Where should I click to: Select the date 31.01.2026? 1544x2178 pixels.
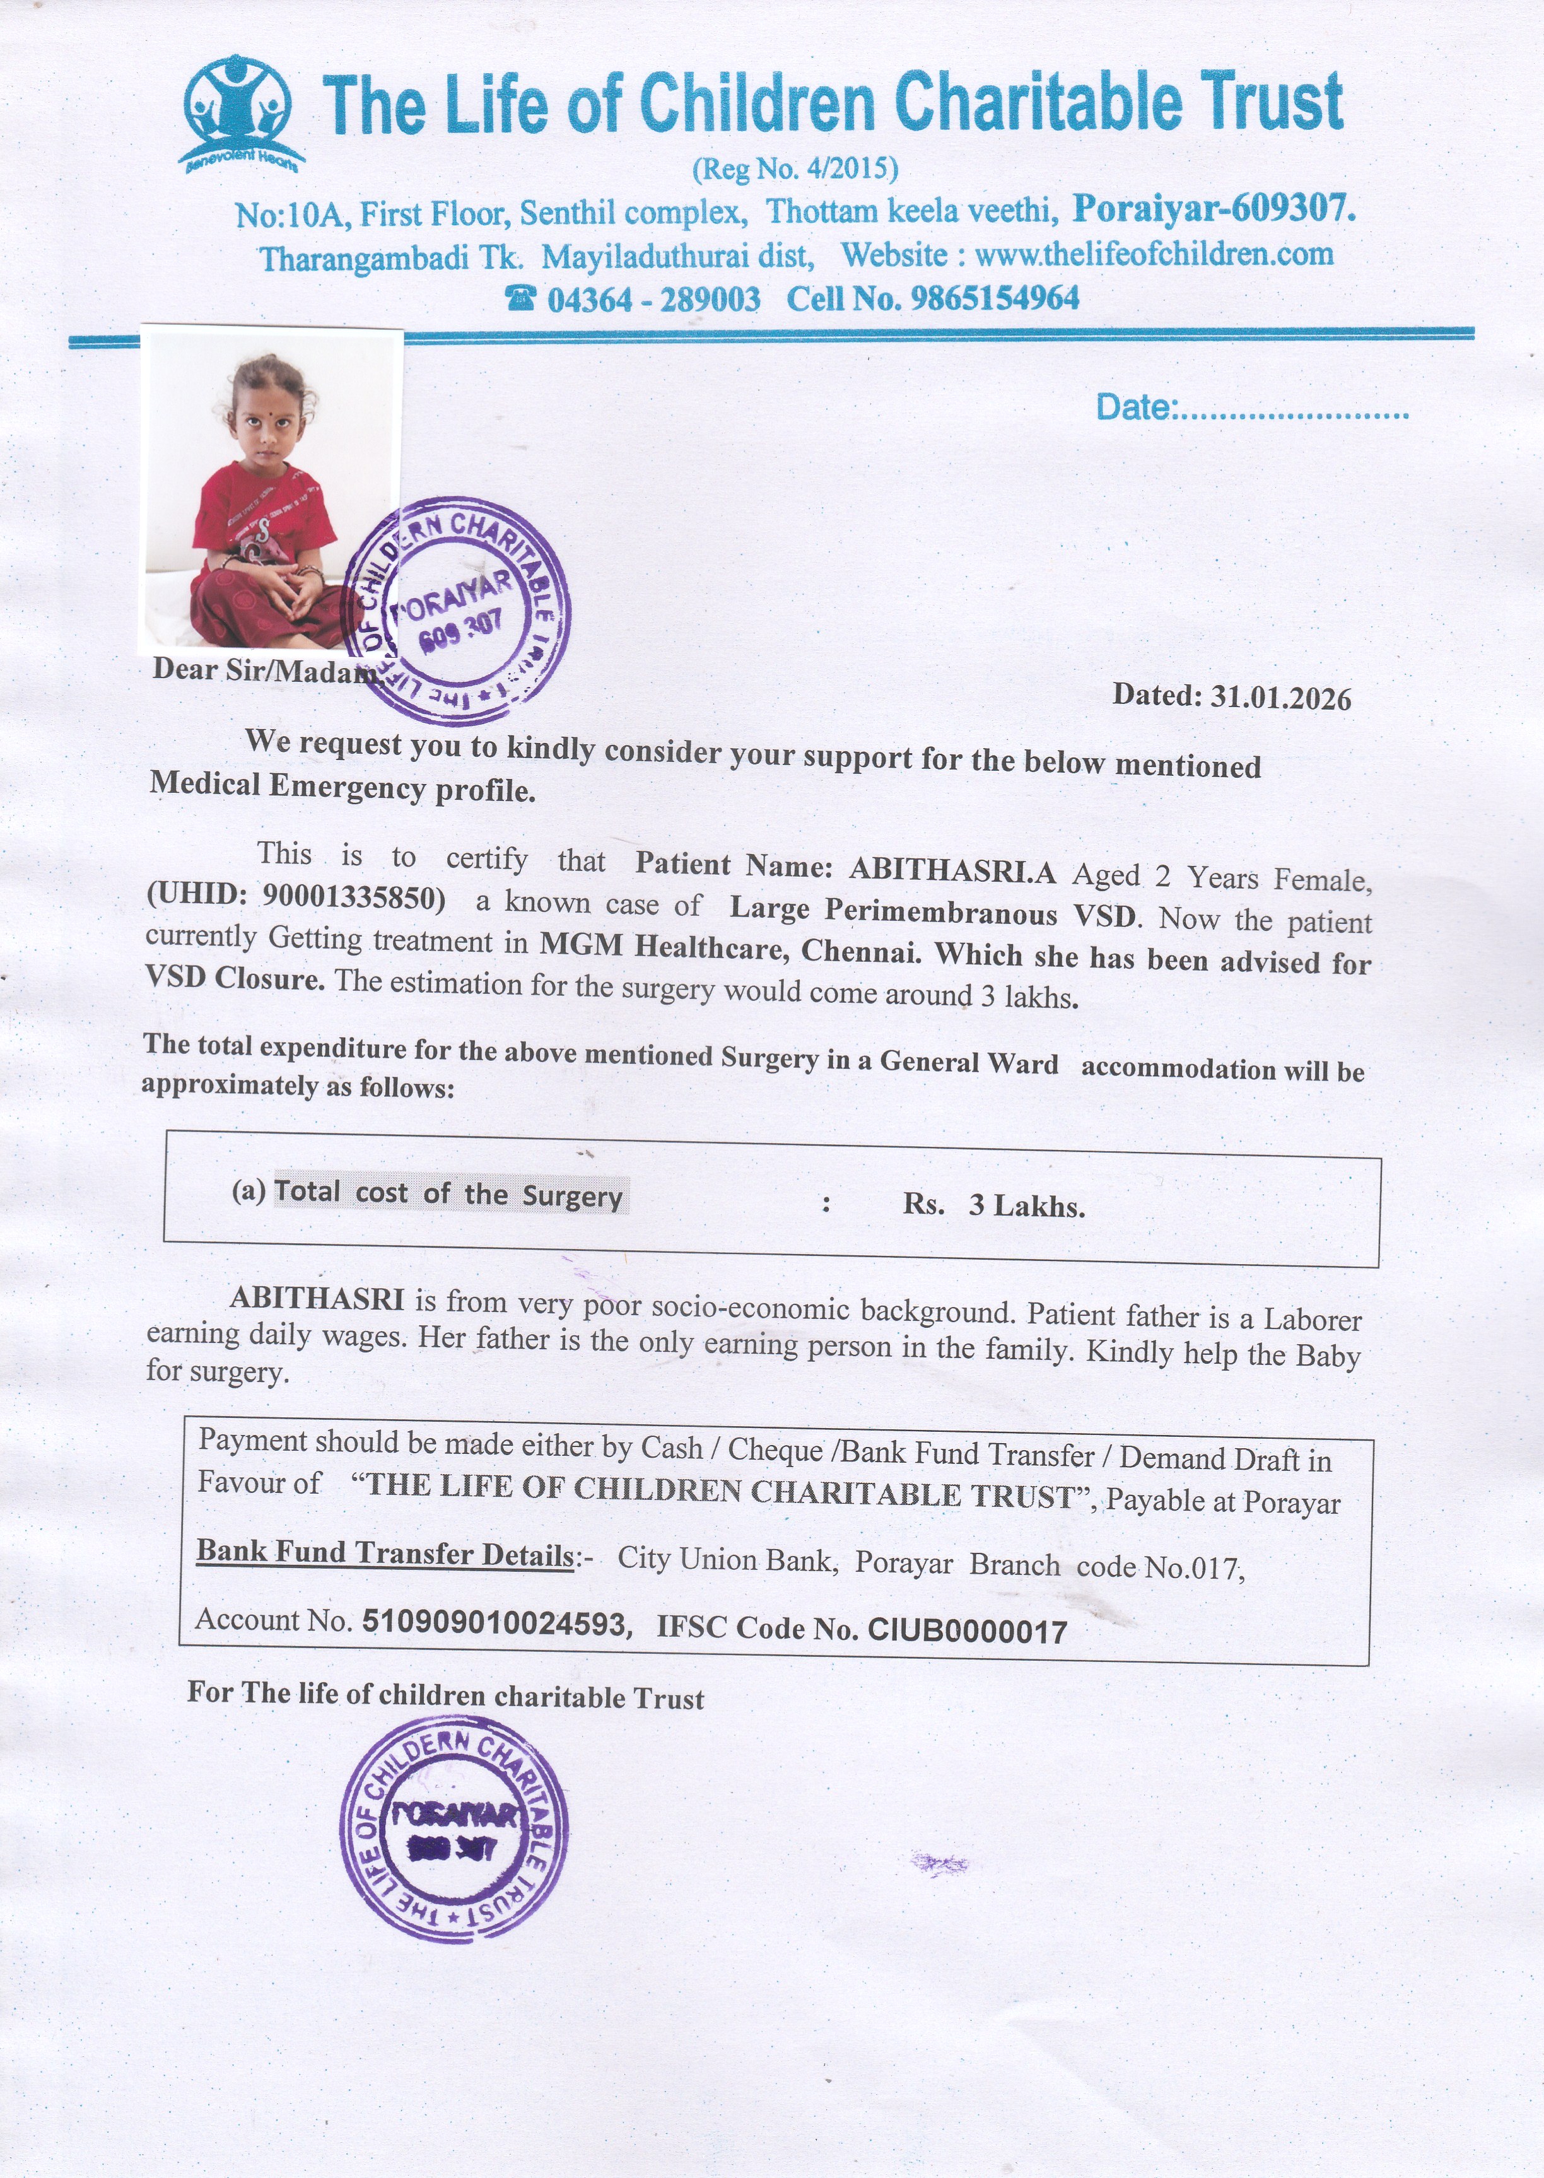(x=1280, y=699)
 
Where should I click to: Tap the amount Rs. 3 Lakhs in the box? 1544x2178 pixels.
(x=993, y=1205)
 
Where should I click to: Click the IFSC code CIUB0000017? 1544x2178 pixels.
(x=967, y=1631)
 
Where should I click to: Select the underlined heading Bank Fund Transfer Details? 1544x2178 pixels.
(x=385, y=1554)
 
